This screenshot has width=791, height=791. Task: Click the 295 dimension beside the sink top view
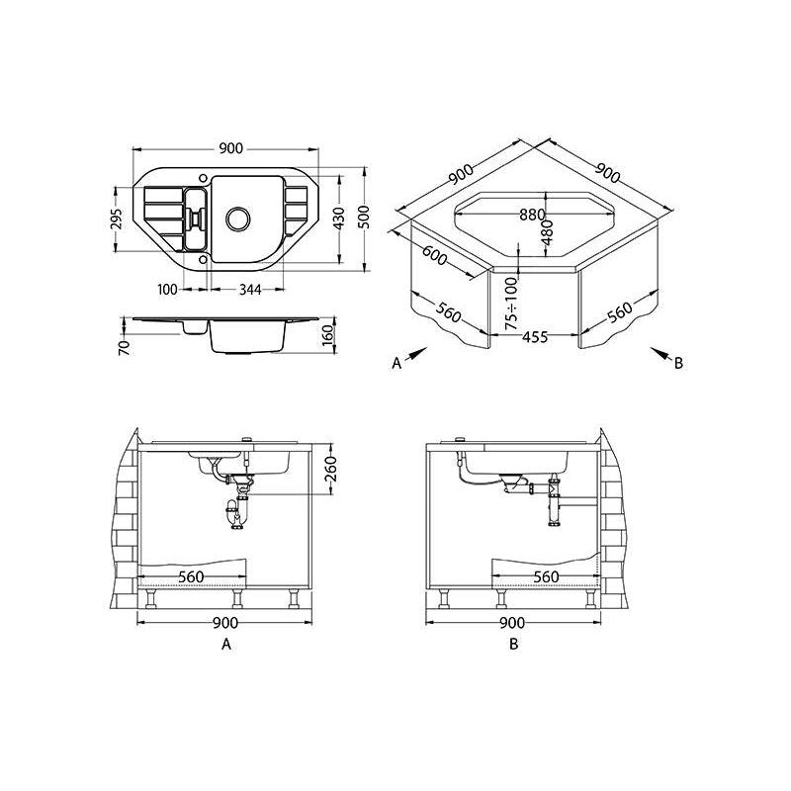117,219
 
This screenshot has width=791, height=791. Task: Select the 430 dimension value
339,218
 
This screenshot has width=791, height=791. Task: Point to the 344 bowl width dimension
250,290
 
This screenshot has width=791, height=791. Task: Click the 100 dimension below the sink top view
167,290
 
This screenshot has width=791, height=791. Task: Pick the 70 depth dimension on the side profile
125,348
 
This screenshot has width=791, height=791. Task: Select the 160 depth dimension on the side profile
328,335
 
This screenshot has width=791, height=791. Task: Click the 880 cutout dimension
533,215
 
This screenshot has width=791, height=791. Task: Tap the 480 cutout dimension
548,232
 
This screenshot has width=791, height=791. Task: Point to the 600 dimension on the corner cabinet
434,255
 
